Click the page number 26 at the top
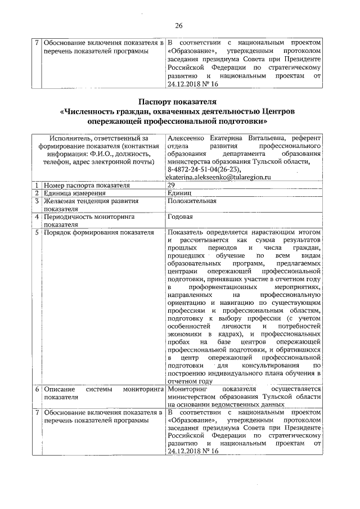tap(179, 25)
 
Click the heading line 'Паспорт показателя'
tap(179, 101)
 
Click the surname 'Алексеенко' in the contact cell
tap(188, 138)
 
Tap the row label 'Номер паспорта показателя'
tap(87, 184)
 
